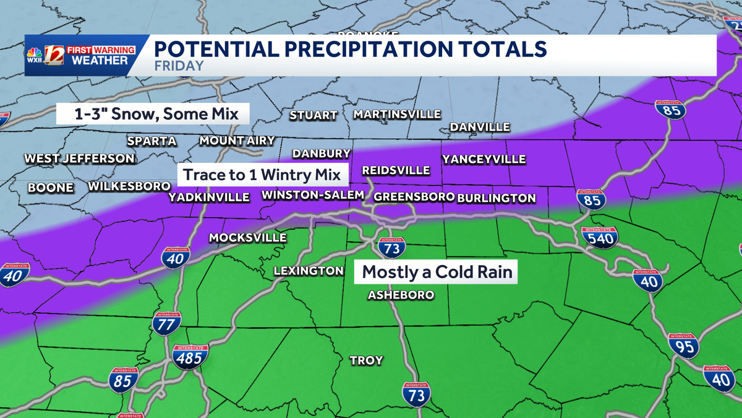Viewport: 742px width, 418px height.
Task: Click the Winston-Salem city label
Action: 313,196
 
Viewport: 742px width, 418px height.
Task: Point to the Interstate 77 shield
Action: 166,324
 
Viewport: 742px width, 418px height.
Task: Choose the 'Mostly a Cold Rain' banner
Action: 437,272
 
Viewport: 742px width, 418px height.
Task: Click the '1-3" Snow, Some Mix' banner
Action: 152,114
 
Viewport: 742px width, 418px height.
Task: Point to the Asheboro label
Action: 401,295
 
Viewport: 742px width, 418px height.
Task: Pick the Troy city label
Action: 366,360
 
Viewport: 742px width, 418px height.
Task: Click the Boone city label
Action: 51,188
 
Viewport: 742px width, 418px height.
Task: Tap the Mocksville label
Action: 247,238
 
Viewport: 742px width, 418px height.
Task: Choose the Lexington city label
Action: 309,271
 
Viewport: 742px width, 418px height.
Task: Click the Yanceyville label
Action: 484,159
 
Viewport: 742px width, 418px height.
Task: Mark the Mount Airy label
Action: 237,141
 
